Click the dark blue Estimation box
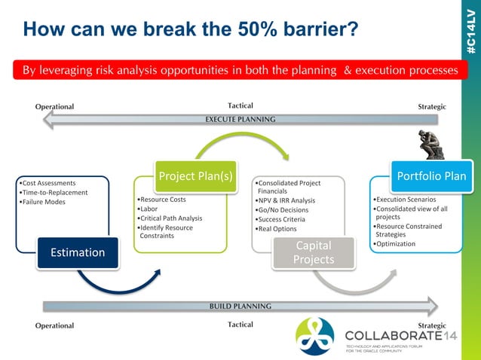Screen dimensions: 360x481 pyautogui.click(x=77, y=252)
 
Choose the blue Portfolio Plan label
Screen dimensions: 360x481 pyautogui.click(x=431, y=176)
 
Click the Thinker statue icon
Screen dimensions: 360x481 pyautogui.click(x=431, y=144)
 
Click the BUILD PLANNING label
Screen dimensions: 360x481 pyautogui.click(x=240, y=307)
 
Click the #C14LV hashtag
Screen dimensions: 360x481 pyautogui.click(x=470, y=30)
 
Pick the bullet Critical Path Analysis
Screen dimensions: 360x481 pyautogui.click(x=170, y=218)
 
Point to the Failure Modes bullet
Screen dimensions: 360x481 pyautogui.click(x=44, y=202)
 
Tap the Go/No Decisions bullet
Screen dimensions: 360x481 pyautogui.click(x=286, y=210)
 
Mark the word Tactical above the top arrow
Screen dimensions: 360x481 pyautogui.click(x=240, y=105)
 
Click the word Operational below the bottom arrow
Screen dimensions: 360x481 pyautogui.click(x=55, y=325)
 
